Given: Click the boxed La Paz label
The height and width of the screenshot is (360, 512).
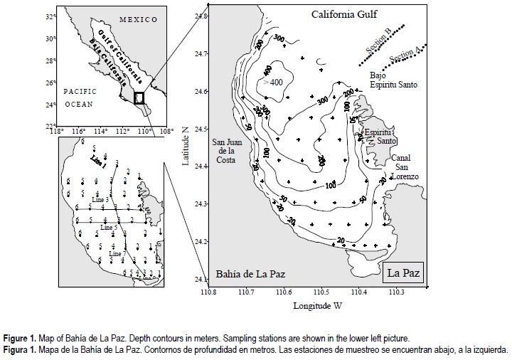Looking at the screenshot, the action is pyautogui.click(x=403, y=272).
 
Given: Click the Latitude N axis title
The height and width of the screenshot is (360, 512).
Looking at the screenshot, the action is pyautogui.click(x=186, y=142).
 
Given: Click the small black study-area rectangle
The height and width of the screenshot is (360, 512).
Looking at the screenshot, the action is pyautogui.click(x=139, y=98).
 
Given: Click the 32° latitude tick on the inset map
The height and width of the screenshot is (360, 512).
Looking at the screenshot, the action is pyautogui.click(x=50, y=15).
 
